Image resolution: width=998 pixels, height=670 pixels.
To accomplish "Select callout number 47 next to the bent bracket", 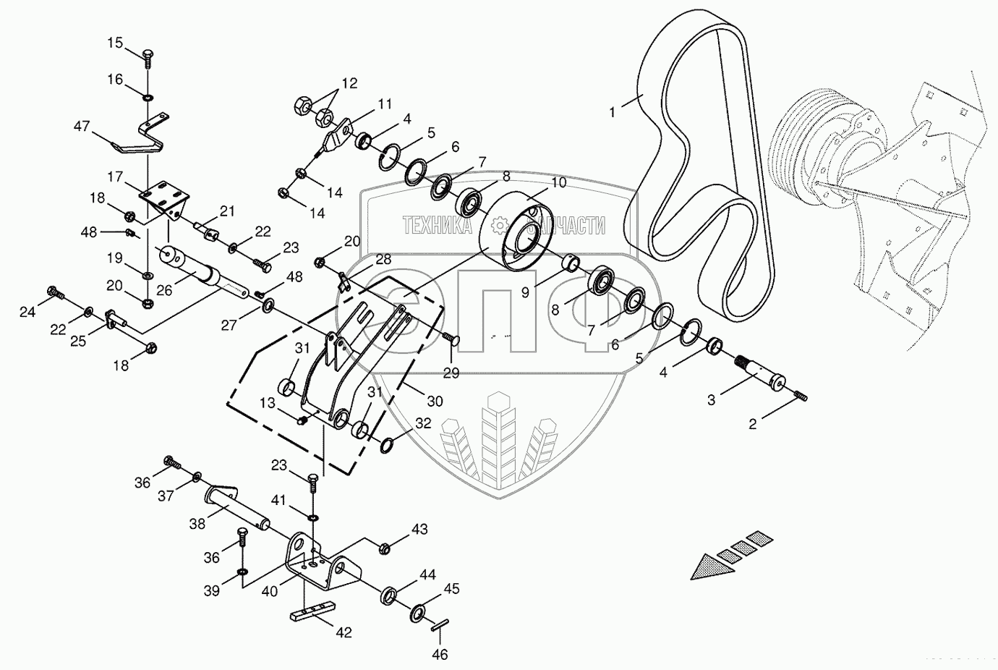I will pyautogui.click(x=81, y=127).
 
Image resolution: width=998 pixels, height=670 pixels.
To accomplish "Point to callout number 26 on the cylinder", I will pyautogui.click(x=164, y=289).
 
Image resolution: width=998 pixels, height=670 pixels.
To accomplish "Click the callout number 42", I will pyautogui.click(x=343, y=632).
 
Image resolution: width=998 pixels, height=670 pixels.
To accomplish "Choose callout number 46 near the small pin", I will pyautogui.click(x=440, y=655).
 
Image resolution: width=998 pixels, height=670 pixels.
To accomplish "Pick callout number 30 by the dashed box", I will pyautogui.click(x=434, y=402).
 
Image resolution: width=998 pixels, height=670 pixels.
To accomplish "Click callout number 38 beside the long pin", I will pyautogui.click(x=197, y=522).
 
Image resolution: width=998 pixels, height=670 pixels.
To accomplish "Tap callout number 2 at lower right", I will pyautogui.click(x=752, y=424).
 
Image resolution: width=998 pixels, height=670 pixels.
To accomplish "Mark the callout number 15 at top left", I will pyautogui.click(x=116, y=43).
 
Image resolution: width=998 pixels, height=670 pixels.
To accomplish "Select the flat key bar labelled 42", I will pyautogui.click(x=312, y=608).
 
